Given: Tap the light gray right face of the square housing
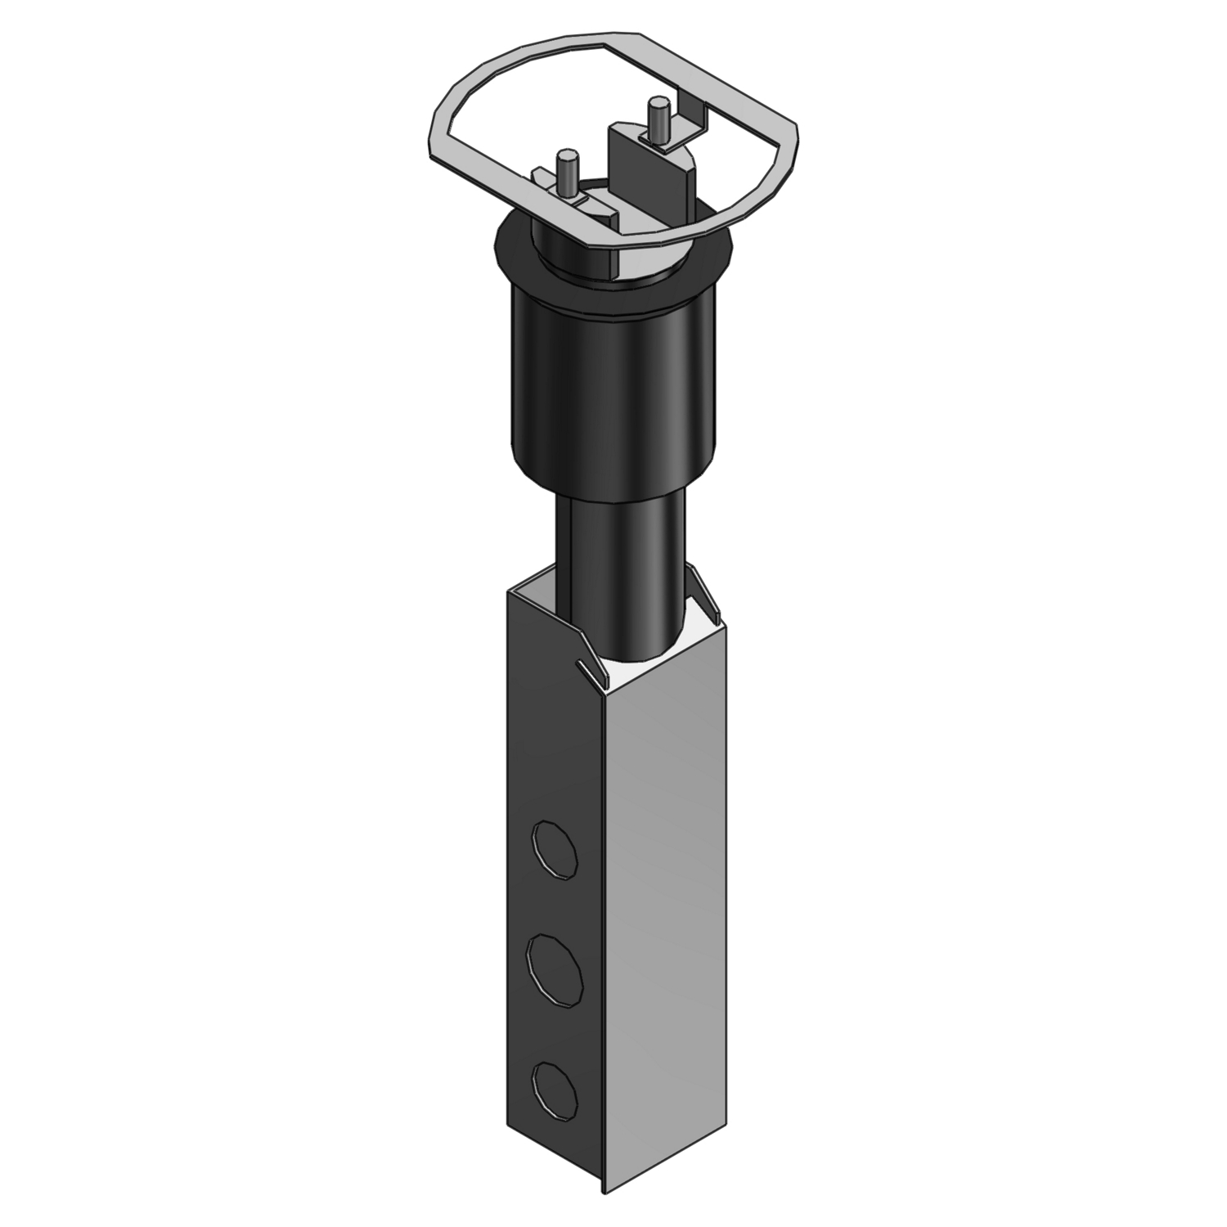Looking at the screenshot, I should (667, 859).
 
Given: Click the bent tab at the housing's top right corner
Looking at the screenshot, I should (705, 593).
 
